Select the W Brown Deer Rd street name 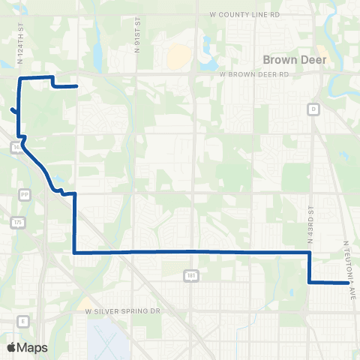click(253, 75)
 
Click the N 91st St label click(138, 52)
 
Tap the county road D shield click(313, 109)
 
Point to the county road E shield click(23, 321)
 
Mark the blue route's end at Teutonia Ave click(349, 283)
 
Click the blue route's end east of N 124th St click(77, 86)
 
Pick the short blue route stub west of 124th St click(13, 111)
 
